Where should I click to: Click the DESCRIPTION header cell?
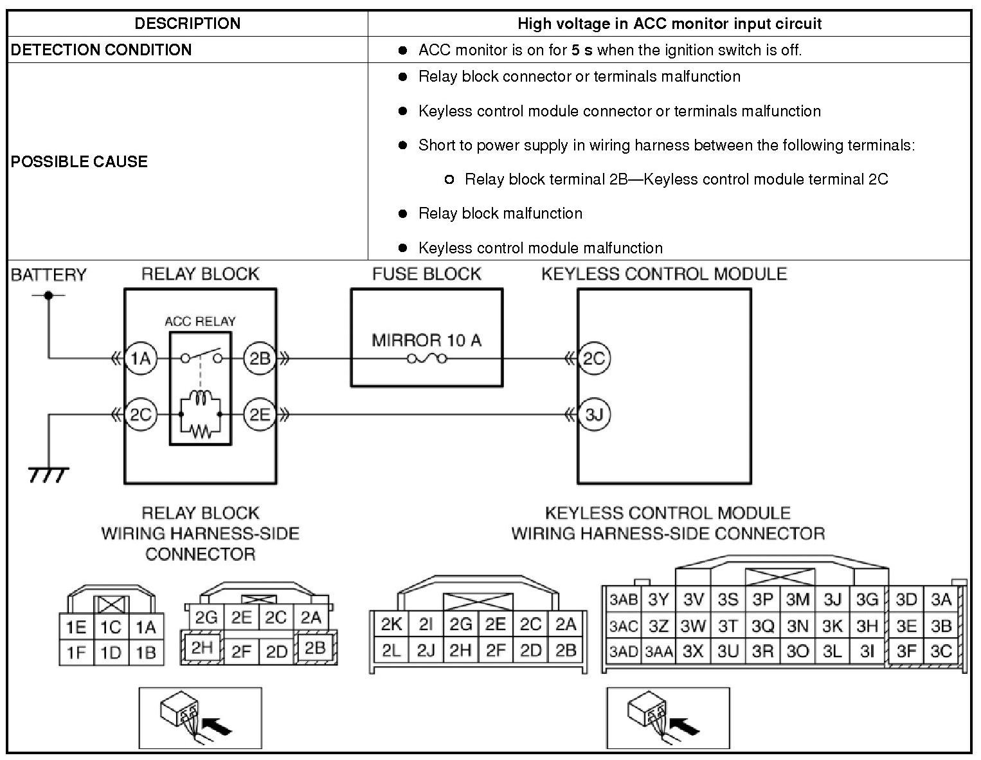click(x=187, y=24)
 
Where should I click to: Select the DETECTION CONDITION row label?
click(x=101, y=50)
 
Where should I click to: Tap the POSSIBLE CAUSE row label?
click(x=79, y=161)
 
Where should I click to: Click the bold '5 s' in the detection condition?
click(x=581, y=50)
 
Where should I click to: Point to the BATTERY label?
click(x=48, y=275)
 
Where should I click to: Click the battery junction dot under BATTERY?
click(x=48, y=296)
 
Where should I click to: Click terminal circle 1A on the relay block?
click(x=140, y=358)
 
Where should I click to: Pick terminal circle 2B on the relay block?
click(x=260, y=358)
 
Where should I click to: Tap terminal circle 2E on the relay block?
click(x=260, y=415)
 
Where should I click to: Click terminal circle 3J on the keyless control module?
click(x=594, y=415)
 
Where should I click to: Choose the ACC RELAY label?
click(x=200, y=321)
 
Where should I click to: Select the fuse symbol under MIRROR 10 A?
click(x=426, y=359)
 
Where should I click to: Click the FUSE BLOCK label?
click(x=426, y=274)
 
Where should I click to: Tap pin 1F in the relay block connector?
click(x=76, y=653)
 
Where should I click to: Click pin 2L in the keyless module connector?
click(x=391, y=651)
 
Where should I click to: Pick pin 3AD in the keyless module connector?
click(x=623, y=652)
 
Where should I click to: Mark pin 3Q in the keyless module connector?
click(x=762, y=626)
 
